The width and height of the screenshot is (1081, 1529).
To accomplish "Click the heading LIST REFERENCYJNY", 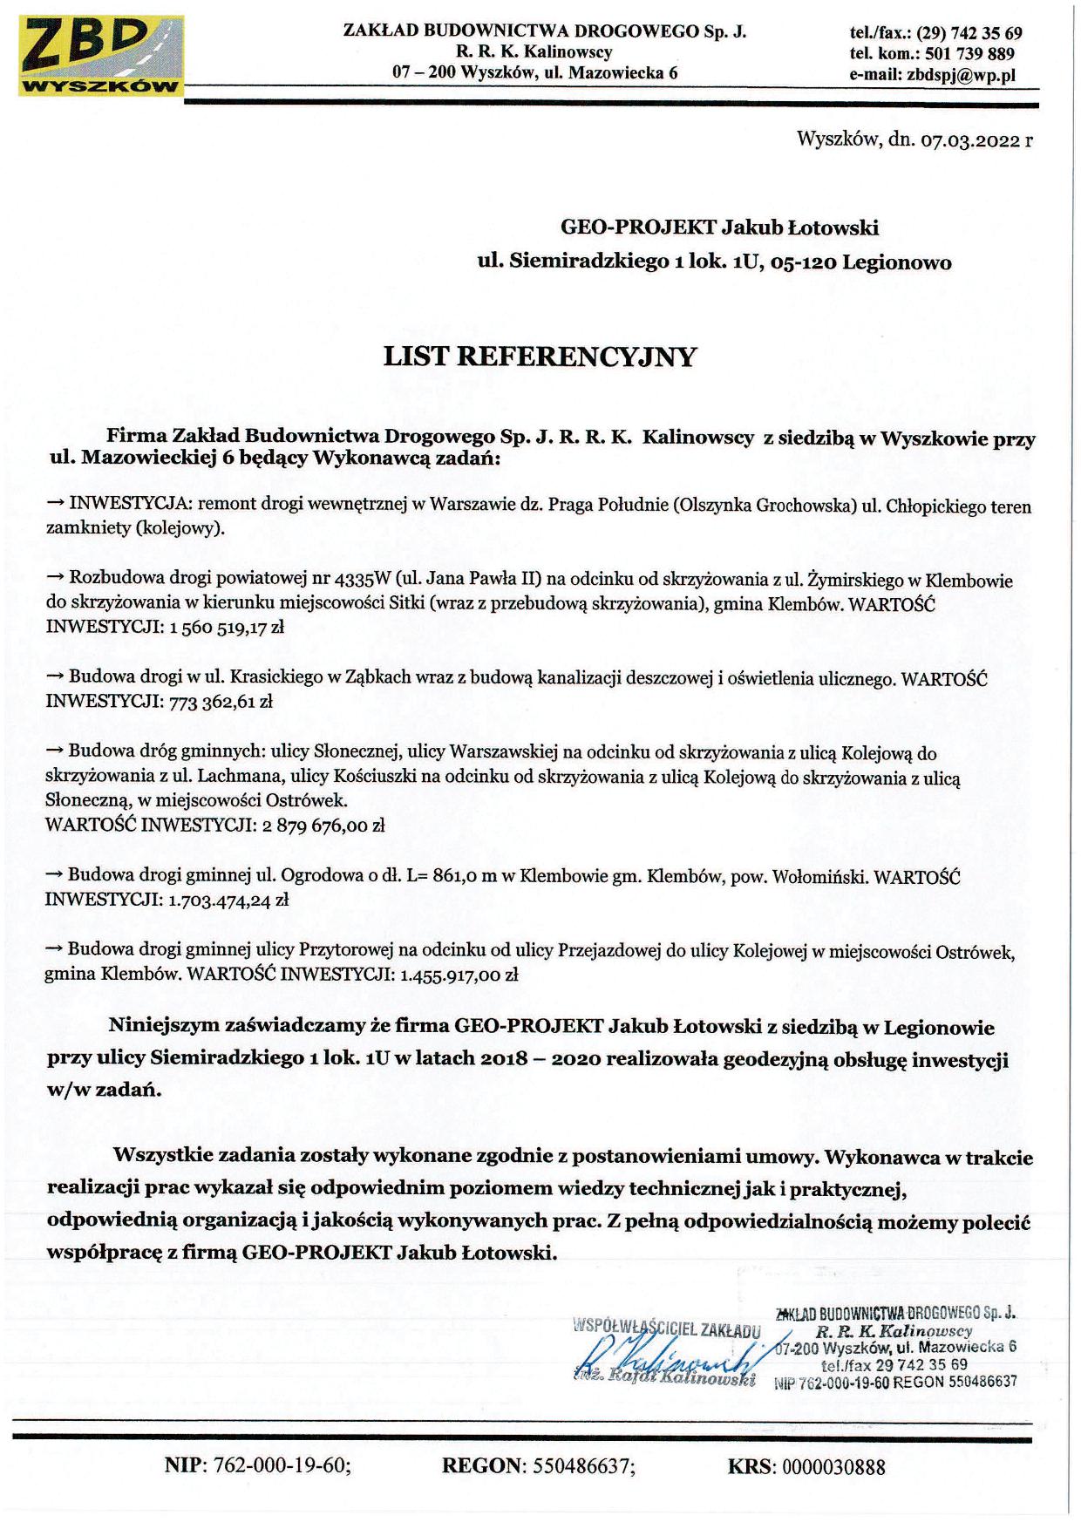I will (x=540, y=357).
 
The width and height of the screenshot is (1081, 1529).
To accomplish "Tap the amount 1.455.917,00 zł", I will (x=459, y=975).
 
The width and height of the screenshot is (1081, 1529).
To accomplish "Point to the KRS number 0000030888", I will (x=833, y=1467).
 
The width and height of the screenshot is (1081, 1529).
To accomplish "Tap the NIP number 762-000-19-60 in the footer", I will (x=281, y=1466).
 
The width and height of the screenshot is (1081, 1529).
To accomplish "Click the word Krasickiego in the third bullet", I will (x=277, y=677).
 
